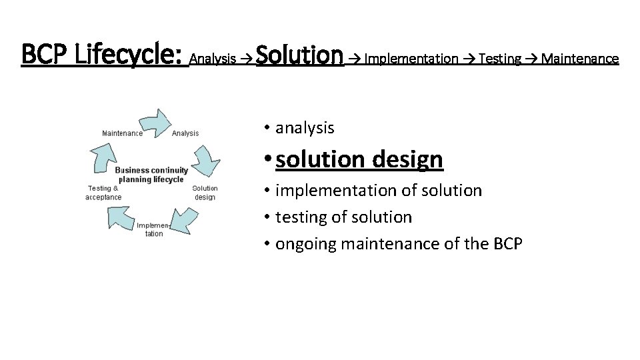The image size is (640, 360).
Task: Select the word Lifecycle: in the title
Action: (x=129, y=54)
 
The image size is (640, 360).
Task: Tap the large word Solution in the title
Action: (x=299, y=54)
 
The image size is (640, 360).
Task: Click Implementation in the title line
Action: (x=412, y=59)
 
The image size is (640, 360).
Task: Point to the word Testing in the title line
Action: (x=499, y=59)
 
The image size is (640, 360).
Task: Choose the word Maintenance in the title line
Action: (x=580, y=59)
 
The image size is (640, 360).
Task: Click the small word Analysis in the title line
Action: (x=213, y=59)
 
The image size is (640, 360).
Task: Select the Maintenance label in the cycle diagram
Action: (x=122, y=133)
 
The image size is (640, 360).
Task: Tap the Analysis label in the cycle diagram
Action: (x=185, y=133)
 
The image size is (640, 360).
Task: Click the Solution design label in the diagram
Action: (x=205, y=193)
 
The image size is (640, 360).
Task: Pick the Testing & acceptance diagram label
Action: (x=103, y=193)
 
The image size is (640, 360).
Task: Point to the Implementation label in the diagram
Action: (x=154, y=229)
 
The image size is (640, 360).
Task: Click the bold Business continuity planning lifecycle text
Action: (x=151, y=175)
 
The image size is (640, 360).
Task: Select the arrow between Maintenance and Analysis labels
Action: (x=155, y=122)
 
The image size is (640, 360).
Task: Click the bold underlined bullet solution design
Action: (x=359, y=159)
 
